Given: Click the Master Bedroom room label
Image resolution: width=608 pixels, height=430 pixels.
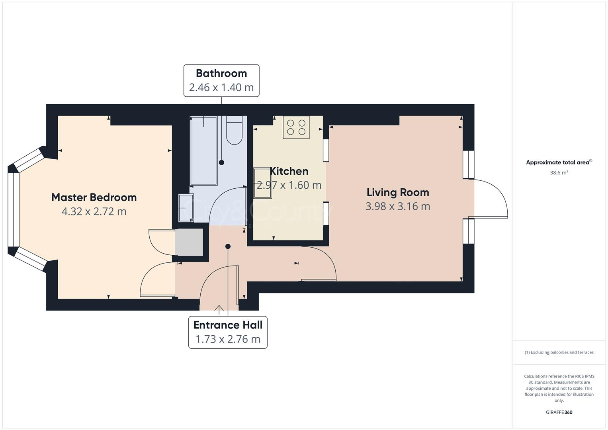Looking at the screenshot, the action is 94,197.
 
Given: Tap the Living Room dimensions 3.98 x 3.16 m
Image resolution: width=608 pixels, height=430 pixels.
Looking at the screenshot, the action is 398,206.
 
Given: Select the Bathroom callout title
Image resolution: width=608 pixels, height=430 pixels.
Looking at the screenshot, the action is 221,73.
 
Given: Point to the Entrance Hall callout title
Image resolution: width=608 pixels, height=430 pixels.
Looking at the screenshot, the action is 228,325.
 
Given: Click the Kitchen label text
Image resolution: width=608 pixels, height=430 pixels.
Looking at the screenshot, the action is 289,171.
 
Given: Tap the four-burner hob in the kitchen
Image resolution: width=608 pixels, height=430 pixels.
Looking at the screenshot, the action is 296,127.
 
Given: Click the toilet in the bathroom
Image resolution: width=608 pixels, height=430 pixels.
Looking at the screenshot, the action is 234,130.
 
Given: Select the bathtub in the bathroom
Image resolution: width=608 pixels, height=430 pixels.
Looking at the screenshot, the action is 203,151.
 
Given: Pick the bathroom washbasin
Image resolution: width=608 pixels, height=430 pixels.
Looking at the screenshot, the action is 186,208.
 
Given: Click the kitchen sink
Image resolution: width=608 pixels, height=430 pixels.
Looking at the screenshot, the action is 262,183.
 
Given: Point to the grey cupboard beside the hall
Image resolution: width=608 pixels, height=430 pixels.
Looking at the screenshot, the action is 189,242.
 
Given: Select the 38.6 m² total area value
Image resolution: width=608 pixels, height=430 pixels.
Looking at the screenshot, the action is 559,173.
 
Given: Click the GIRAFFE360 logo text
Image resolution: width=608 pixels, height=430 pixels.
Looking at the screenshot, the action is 559,412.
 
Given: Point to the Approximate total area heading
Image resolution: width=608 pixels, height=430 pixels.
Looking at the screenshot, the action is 559,162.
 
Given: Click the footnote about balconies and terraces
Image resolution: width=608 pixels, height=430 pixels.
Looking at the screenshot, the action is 559,352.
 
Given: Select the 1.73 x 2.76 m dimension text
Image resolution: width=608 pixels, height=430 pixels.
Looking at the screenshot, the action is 228,339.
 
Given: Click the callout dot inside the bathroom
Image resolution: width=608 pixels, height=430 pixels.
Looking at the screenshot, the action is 221,162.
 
